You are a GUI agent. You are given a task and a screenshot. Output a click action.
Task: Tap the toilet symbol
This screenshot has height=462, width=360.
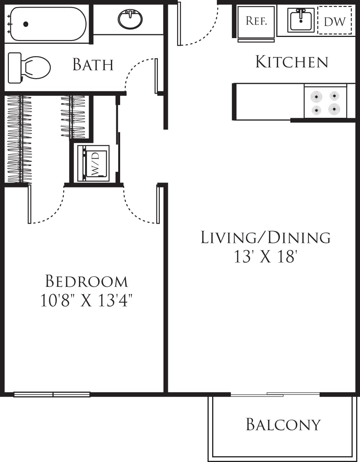(x=30, y=68)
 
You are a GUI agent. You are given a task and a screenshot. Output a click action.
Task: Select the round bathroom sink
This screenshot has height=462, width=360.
(x=130, y=19)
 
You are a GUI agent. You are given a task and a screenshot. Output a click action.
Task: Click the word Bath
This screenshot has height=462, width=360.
(x=93, y=65)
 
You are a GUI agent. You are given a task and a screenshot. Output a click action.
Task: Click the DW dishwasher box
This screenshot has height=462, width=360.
(x=335, y=21)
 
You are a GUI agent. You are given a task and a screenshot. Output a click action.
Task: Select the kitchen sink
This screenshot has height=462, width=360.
(x=301, y=20)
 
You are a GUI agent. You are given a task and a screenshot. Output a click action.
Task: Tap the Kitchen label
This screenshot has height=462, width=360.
(x=292, y=62)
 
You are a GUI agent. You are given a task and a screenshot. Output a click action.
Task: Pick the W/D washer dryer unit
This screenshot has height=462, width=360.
(x=94, y=163)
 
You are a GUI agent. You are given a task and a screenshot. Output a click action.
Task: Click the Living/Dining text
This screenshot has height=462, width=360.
(x=266, y=238)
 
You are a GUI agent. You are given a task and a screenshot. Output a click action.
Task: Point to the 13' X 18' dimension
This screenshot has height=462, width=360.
(x=265, y=257)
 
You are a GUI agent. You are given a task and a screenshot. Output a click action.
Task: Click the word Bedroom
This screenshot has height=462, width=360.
(x=87, y=281)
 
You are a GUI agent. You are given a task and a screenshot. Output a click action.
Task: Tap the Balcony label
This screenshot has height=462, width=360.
(x=283, y=424)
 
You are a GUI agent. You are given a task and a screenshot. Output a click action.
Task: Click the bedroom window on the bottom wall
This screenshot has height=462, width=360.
(x=52, y=394)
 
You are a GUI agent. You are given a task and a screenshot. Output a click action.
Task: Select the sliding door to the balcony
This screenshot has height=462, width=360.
(x=275, y=394)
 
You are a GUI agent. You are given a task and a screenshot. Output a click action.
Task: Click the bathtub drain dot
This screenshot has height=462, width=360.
(x=26, y=24)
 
